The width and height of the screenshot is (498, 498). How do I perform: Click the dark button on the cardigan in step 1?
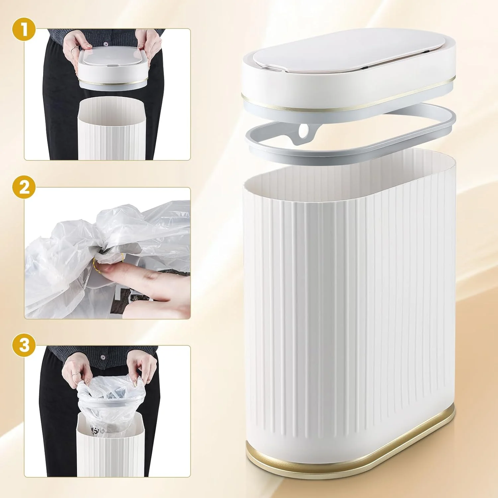tap(106, 43)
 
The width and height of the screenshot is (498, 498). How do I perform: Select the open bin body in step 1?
tap(111, 128)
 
